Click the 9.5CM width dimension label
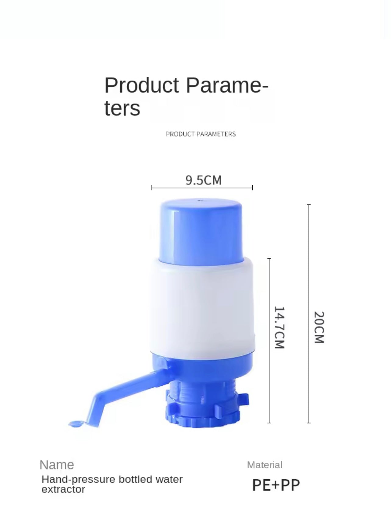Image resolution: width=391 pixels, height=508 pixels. pos(203,180)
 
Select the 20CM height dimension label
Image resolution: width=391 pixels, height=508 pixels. pos(319,327)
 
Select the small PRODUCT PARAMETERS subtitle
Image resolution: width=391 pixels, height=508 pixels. pos(201,134)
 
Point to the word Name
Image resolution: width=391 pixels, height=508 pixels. pos(57,465)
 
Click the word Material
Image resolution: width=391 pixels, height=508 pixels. pos(265,465)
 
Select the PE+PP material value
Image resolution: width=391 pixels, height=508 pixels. pos(276,485)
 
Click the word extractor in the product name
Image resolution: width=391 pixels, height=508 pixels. pos(63,489)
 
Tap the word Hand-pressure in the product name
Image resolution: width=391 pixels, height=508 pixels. pos(78,479)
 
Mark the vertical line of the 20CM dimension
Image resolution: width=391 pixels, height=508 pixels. pos(309,275)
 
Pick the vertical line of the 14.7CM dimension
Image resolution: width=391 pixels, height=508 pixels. pos(269,290)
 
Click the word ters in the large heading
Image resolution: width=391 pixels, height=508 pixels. pos(122,108)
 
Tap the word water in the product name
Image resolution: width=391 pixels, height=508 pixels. pos(169,479)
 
